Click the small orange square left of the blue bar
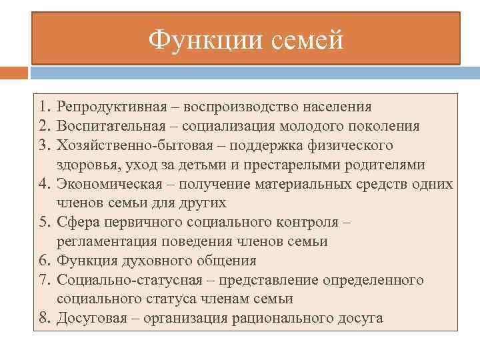(14, 72)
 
